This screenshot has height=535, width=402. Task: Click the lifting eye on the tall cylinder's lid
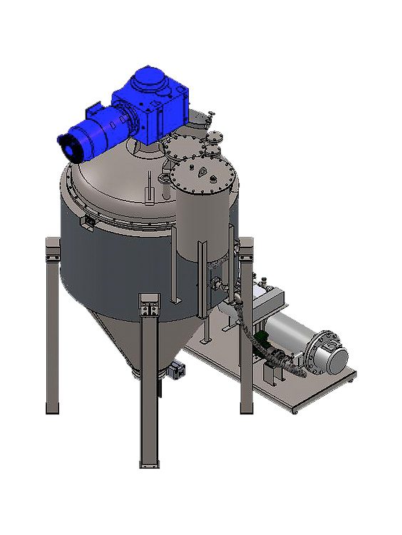(x=201, y=171)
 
